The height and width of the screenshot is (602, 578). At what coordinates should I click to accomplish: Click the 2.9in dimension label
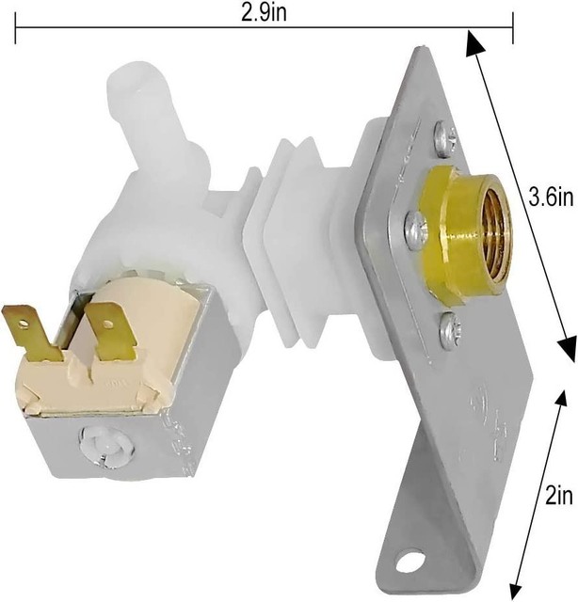[x=264, y=13]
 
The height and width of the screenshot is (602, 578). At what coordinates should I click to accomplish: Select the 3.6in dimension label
[x=551, y=198]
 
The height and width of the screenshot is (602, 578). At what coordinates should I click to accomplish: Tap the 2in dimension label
[x=559, y=496]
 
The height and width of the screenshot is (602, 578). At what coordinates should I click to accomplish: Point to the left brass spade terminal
[x=32, y=332]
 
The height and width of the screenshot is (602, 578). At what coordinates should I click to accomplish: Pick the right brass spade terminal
[x=110, y=332]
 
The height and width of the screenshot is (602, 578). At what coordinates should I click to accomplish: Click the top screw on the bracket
[x=446, y=138]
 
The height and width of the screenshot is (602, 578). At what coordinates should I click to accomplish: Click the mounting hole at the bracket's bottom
[x=410, y=562]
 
